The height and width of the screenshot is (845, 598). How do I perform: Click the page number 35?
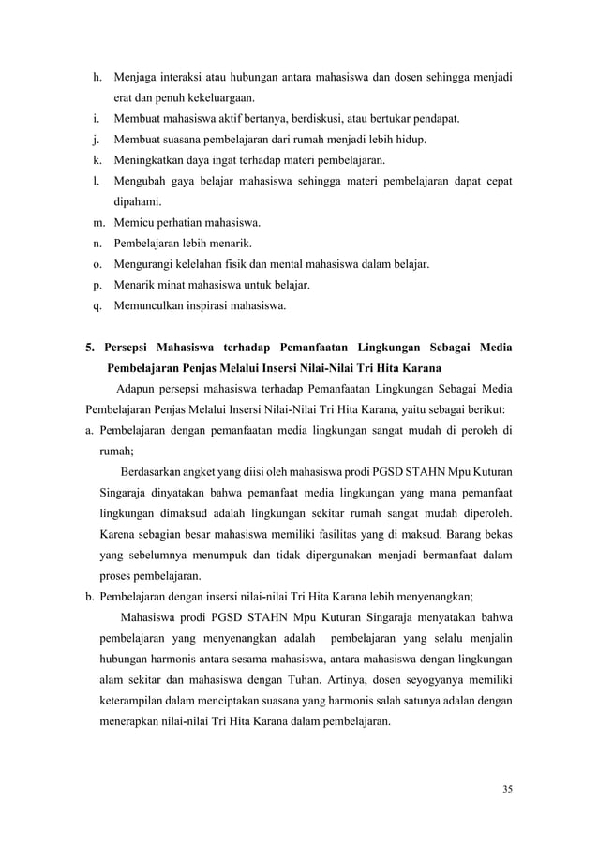[x=507, y=785]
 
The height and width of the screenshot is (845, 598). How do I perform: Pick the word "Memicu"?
[x=132, y=222]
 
